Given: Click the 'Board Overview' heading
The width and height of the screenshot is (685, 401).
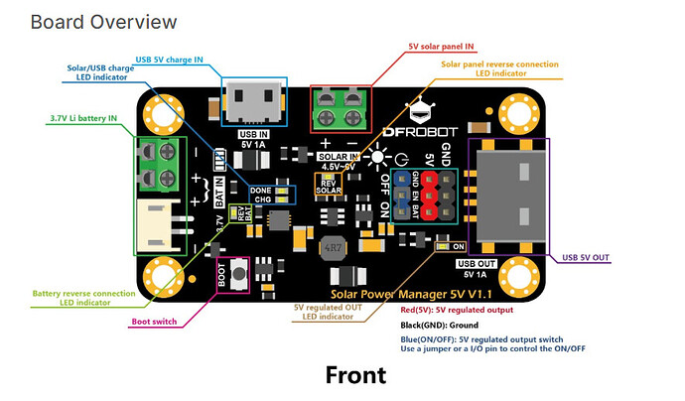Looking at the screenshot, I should pyautogui.click(x=104, y=21).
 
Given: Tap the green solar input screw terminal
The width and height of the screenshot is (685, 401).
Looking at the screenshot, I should pyautogui.click(x=341, y=109).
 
